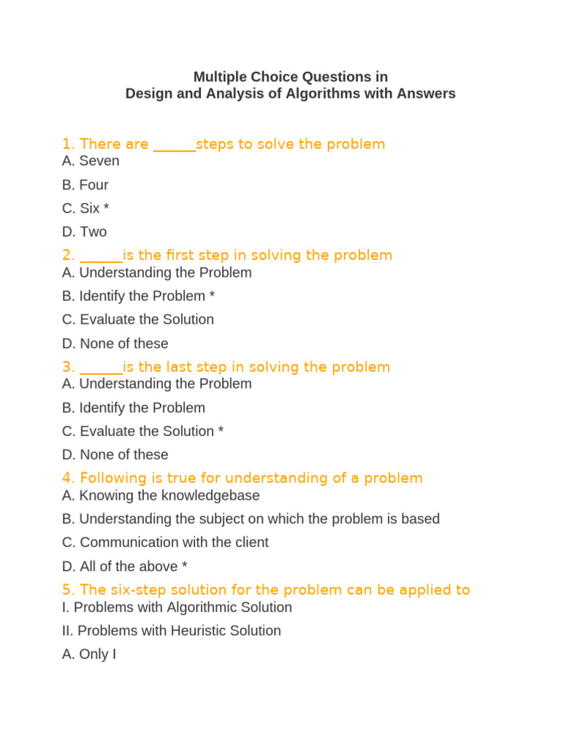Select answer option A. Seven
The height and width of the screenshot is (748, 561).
click(91, 161)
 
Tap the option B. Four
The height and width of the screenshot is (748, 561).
click(85, 185)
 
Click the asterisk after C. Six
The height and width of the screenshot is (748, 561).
click(107, 208)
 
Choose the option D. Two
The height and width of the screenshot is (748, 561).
click(84, 232)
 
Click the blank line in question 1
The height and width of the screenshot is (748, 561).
click(174, 145)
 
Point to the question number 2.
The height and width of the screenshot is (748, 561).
click(68, 255)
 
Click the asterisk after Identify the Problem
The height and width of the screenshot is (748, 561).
click(212, 296)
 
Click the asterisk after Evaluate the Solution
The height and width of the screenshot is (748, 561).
click(221, 431)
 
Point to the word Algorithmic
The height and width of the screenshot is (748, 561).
click(207, 607)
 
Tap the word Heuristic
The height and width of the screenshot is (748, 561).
click(200, 630)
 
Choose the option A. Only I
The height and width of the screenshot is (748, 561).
click(89, 654)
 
